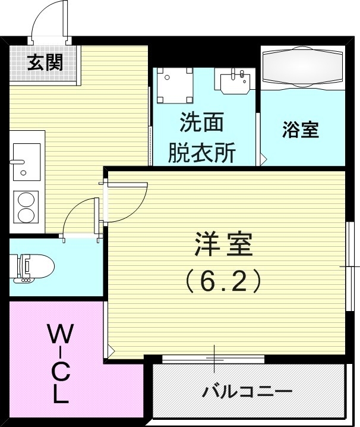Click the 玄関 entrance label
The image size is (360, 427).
click(45, 62)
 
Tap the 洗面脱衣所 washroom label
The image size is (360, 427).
click(202, 138)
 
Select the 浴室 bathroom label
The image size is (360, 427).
click(301, 130)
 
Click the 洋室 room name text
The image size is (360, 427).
click(224, 245)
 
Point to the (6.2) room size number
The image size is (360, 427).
click(224, 281)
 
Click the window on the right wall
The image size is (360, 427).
click(349, 266)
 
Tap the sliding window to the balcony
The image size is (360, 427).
click(213, 359)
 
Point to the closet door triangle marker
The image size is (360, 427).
click(109, 348)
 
